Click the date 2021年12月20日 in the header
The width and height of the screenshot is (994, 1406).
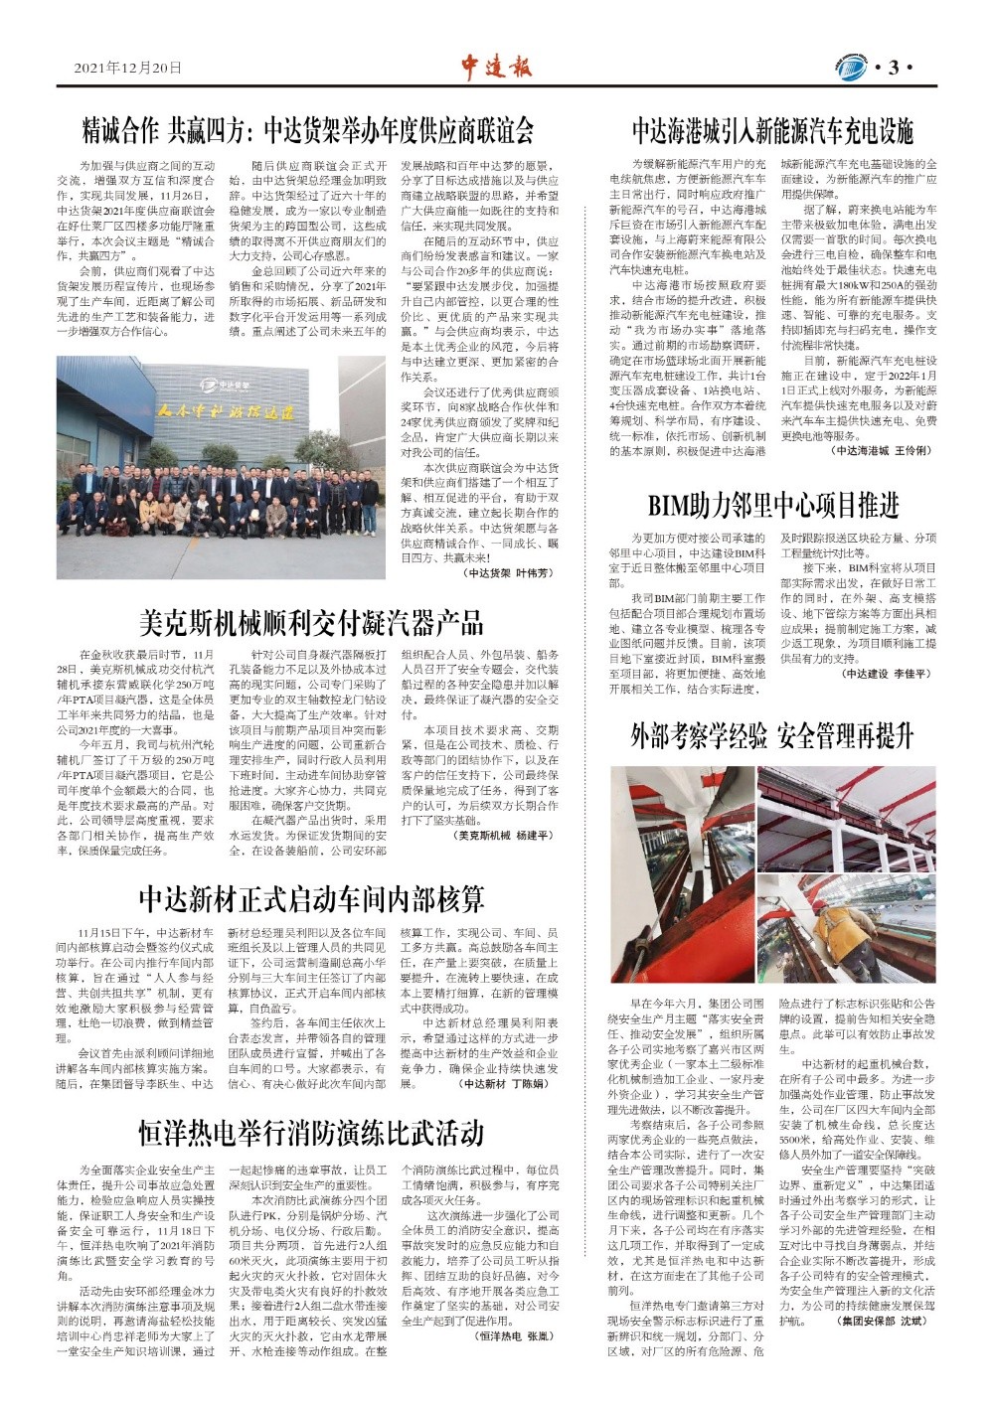[x=128, y=69]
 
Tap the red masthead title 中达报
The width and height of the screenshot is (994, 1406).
[x=496, y=66]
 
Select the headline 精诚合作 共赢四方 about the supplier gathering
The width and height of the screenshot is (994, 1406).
[x=308, y=130]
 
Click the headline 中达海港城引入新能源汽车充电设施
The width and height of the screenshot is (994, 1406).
[x=772, y=131]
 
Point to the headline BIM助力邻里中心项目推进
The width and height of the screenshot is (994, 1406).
[x=772, y=506]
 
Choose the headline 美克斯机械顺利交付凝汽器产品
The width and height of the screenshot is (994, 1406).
[x=311, y=623]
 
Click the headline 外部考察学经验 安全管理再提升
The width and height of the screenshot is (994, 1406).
[x=772, y=736]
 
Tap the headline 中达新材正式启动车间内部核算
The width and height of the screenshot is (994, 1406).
[x=311, y=899]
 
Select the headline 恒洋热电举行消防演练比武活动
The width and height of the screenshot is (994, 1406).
[x=311, y=1133]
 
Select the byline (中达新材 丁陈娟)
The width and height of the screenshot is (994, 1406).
[x=504, y=1084]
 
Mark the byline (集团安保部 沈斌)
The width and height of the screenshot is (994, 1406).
[x=882, y=1322]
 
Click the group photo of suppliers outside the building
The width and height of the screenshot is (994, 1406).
[x=221, y=468]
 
